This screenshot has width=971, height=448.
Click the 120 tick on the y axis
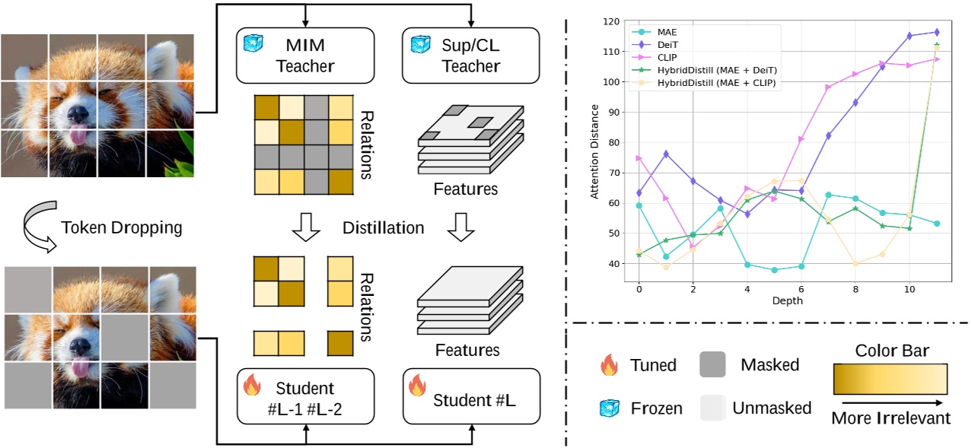[610, 21]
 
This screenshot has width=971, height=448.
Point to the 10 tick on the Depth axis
[909, 290]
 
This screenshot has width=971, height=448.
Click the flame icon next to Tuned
[608, 364]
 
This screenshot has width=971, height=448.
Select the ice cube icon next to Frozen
[608, 408]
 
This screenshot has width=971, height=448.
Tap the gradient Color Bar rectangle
[890, 378]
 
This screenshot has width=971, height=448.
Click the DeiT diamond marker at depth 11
[936, 32]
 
